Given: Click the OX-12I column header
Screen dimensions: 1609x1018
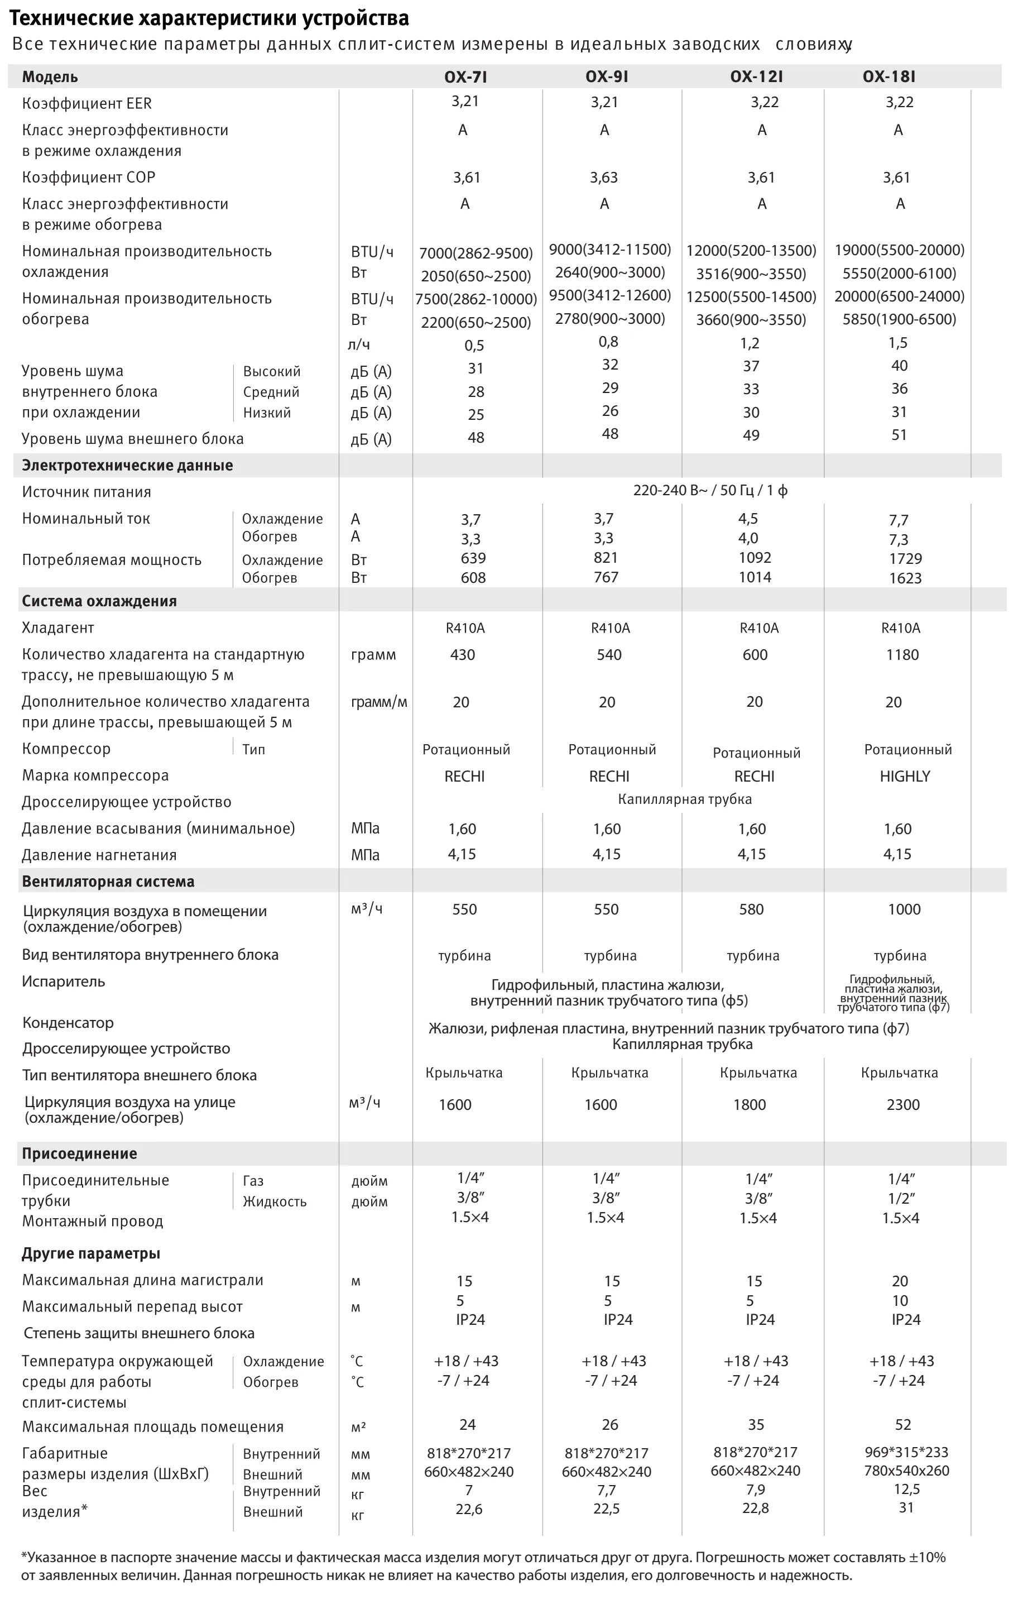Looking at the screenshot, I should pos(756,77).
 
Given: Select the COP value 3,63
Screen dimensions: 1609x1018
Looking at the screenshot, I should pos(603,178).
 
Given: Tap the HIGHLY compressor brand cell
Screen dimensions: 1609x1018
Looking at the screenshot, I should pos(905,777).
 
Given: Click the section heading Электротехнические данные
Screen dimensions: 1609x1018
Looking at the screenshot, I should pos(127,466).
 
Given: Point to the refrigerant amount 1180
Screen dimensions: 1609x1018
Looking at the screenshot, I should pos(902,655).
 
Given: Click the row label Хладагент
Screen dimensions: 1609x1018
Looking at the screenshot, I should pos(57,628).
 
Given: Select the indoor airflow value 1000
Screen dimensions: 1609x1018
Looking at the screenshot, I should pos(904,909).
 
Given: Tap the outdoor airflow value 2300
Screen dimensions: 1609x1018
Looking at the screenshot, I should pos(903,1104).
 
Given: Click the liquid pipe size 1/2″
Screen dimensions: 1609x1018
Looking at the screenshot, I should pos(901,1198).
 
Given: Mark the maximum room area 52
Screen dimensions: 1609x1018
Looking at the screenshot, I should pos(902,1425).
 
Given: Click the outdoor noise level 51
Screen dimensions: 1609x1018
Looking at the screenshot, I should pos(899,435).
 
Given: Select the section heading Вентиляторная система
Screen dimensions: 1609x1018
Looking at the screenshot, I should pos(108,882).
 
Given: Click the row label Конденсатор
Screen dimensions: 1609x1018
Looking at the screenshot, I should pos(68,1023).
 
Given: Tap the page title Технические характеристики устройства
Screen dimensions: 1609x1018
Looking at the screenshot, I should pos(209,17).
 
